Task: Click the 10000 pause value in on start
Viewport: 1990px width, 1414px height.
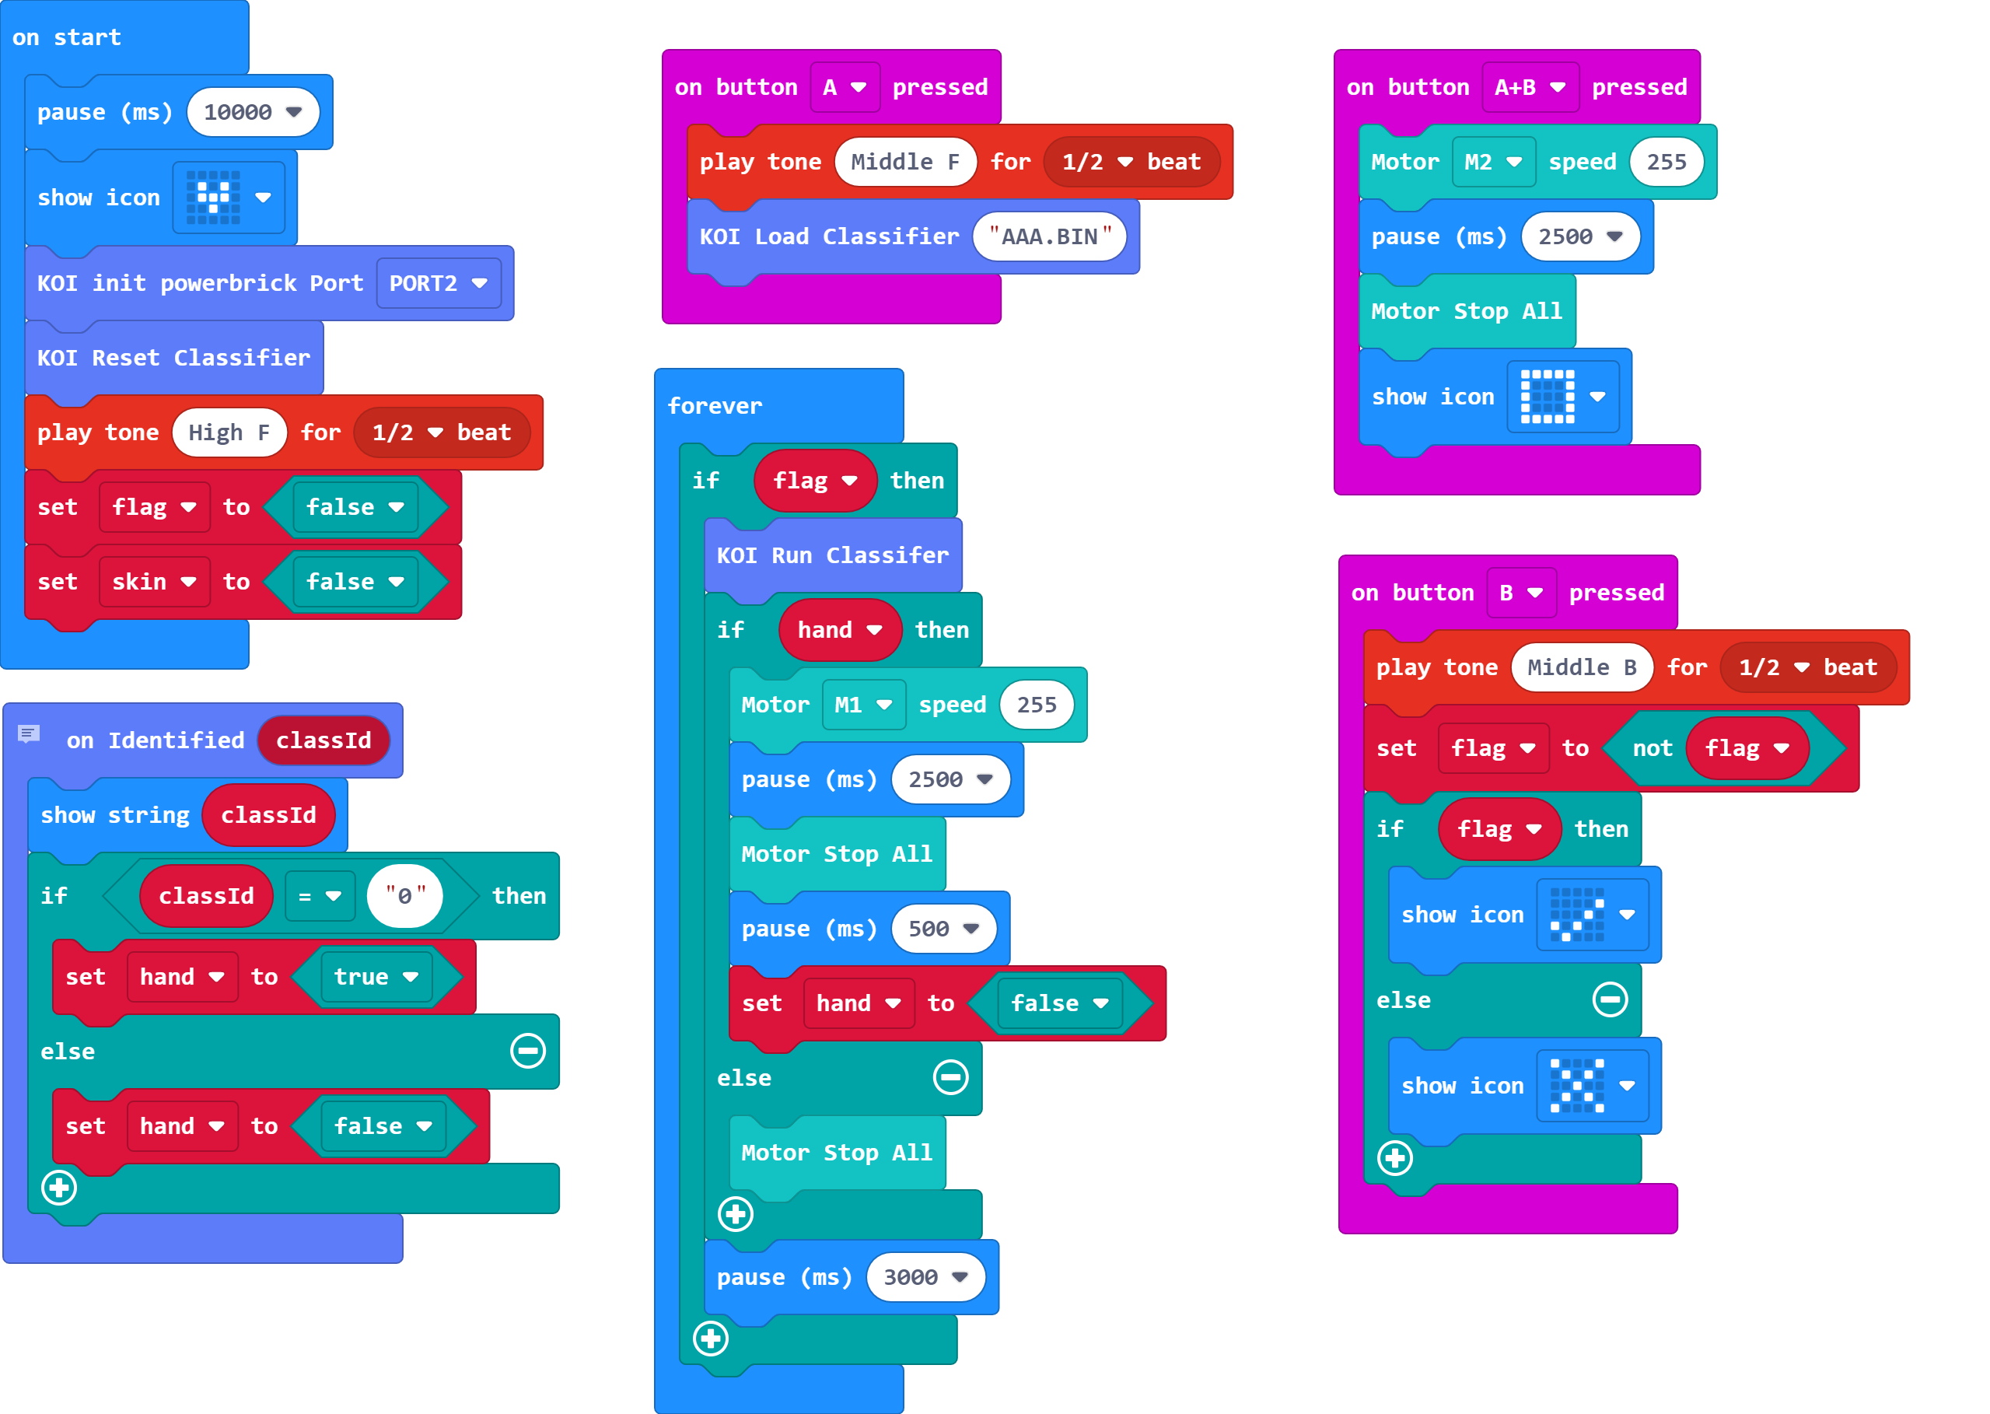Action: [x=252, y=112]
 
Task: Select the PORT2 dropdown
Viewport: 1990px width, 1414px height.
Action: [x=438, y=283]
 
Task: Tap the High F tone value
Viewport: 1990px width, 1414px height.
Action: [x=229, y=432]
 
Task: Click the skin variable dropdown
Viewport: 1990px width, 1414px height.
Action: [x=154, y=582]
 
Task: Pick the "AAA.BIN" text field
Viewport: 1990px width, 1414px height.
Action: [x=1049, y=236]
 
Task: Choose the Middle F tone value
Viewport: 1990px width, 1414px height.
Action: [x=904, y=162]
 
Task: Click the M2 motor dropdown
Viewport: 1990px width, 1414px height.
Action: [x=1492, y=162]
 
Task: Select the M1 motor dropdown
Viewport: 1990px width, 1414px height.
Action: [x=862, y=705]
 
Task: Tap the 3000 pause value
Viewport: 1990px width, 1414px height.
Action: [x=925, y=1277]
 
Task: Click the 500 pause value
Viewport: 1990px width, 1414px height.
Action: [x=943, y=929]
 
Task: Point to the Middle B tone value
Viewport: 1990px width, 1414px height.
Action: [x=1582, y=668]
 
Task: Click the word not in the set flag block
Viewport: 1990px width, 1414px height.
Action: [x=1652, y=749]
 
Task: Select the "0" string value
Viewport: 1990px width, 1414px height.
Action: [x=405, y=896]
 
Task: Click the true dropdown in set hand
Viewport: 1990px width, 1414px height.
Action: [x=376, y=977]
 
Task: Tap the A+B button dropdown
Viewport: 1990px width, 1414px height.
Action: [x=1530, y=87]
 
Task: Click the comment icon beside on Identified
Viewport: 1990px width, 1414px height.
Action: [x=29, y=734]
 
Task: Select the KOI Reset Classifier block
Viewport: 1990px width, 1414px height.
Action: [x=173, y=358]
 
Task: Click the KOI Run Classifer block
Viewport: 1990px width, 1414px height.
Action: [x=831, y=555]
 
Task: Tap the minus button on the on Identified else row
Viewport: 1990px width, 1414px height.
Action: [x=527, y=1051]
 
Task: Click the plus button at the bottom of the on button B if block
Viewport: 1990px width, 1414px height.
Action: [x=1394, y=1158]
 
